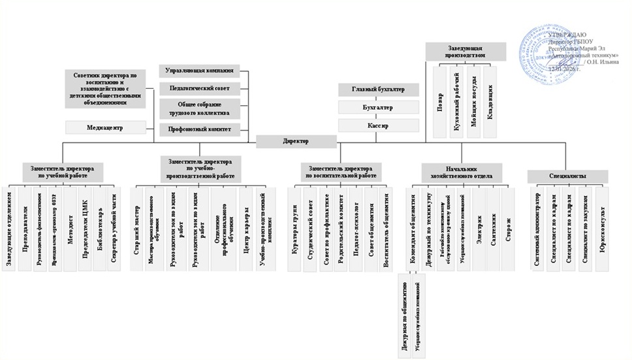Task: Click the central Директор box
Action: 296,141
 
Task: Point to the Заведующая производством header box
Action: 466,51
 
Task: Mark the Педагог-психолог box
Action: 356,225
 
